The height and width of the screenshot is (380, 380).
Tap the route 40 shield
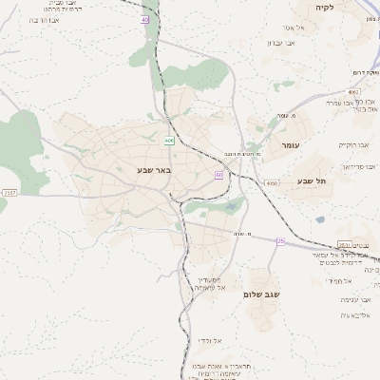coord(145,19)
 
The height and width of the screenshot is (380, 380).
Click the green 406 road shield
coord(169,141)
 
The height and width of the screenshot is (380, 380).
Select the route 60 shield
coord(219,175)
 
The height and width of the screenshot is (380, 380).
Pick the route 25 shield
coord(280,241)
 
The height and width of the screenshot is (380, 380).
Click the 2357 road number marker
coord(9,192)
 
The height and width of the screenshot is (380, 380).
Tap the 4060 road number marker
coord(272,182)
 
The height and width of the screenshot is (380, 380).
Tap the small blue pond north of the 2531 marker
coord(321,219)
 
